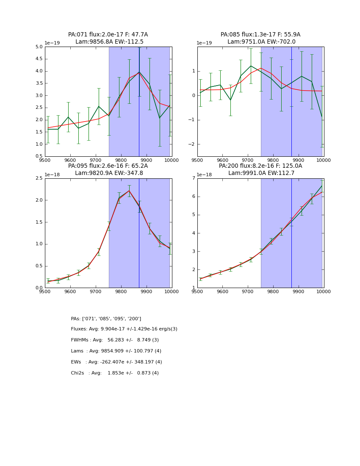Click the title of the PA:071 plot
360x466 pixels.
(x=108, y=38)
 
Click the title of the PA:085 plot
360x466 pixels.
(x=260, y=38)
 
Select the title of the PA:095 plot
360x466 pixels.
(x=108, y=169)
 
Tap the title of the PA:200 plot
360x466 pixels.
(x=260, y=169)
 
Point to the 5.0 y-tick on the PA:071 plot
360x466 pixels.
(x=39, y=47)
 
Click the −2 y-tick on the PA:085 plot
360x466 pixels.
(x=191, y=144)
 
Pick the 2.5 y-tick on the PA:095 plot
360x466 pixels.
(x=39, y=178)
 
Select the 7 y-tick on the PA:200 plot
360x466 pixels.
(x=193, y=178)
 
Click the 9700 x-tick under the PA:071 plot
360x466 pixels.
(x=96, y=160)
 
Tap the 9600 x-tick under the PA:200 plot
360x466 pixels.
(x=222, y=291)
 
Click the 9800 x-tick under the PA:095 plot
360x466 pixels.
(x=121, y=291)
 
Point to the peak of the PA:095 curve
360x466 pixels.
(x=129, y=191)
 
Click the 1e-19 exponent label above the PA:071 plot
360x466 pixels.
(x=53, y=43)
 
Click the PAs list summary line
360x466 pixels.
(x=106, y=319)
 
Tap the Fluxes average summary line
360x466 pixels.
(x=124, y=329)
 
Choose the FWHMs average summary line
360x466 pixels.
(x=115, y=340)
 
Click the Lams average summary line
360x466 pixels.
(x=116, y=351)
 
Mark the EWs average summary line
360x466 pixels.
(x=116, y=362)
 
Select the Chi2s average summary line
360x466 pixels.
(x=115, y=373)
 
